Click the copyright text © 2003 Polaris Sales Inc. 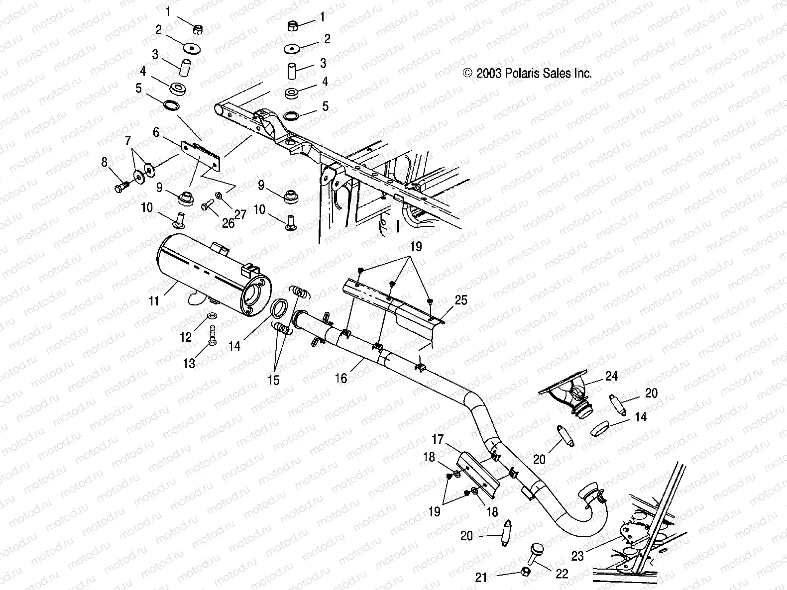tap(527, 74)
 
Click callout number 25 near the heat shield tap(461, 300)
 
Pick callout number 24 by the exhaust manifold tap(611, 377)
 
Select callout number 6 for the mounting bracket tap(156, 132)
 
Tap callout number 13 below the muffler tap(189, 364)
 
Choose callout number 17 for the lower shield tap(437, 440)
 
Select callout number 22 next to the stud tap(562, 574)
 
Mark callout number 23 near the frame tap(577, 556)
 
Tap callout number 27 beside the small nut tap(240, 201)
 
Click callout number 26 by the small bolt tap(228, 223)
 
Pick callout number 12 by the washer tap(186, 338)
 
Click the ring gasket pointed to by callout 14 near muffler tap(280, 308)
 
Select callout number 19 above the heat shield tap(416, 246)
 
